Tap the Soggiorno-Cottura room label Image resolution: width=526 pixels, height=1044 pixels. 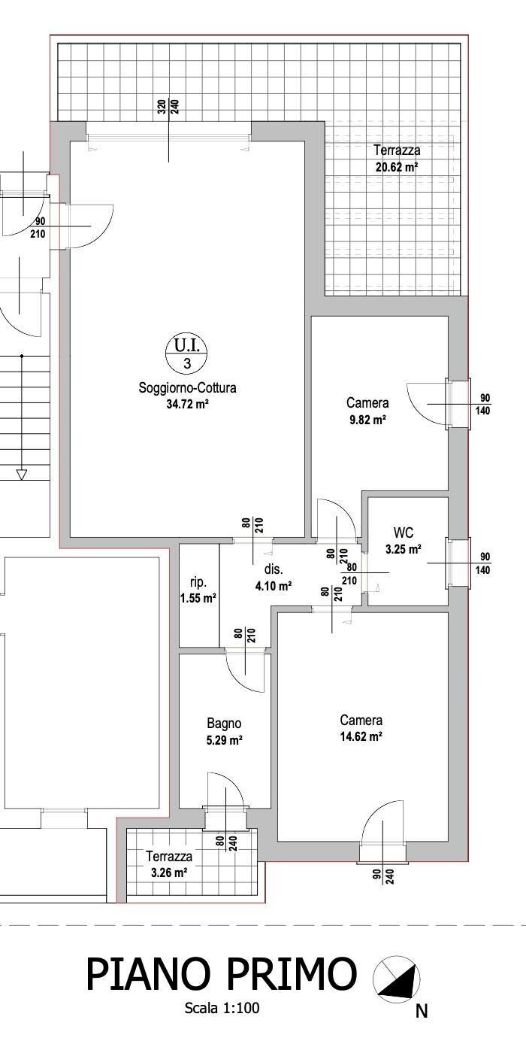(187, 388)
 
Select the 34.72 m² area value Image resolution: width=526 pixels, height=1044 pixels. (187, 404)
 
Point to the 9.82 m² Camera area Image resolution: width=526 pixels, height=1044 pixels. (367, 420)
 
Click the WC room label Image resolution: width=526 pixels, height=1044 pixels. (403, 533)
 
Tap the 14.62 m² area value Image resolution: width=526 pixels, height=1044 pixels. (361, 736)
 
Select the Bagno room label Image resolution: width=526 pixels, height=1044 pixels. (225, 724)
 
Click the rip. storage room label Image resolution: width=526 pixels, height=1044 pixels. (198, 583)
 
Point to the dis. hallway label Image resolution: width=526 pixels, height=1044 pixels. (274, 569)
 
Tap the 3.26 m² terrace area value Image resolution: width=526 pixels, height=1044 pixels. (169, 873)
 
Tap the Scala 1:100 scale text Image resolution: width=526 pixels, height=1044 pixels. (222, 1008)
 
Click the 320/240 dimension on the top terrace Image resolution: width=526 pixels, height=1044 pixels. (168, 108)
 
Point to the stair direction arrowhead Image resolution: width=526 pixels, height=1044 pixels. (21, 475)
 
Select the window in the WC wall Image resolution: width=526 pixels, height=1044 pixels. (458, 563)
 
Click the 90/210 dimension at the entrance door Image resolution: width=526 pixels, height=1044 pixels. (38, 227)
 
